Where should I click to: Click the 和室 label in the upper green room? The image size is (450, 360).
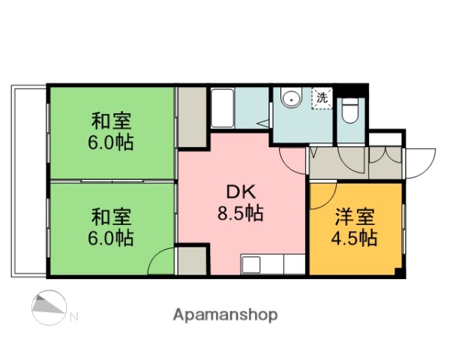coord(112,120)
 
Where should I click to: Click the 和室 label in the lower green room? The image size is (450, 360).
coord(112,217)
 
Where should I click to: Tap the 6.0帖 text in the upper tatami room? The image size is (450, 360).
coord(112,142)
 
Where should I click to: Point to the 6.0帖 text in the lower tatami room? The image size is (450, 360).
coord(112,239)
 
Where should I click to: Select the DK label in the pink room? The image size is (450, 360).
coord(241,190)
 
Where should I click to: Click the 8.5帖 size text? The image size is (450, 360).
coord(241,213)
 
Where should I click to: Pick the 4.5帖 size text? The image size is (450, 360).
coord(355,239)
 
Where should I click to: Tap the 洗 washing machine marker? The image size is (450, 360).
coord(321,98)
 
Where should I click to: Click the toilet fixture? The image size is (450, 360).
coord(350,112)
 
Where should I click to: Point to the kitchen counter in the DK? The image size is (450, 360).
coord(272,265)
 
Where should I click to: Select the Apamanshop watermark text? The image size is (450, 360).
coord(226,315)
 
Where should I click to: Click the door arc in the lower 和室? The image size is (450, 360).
coord(162,262)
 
